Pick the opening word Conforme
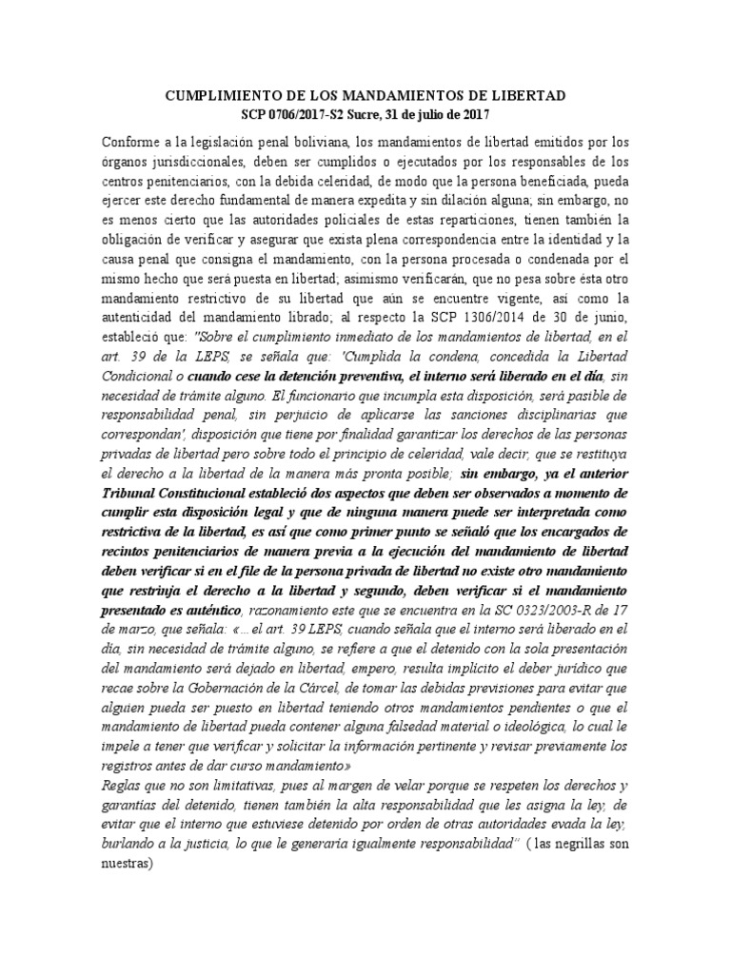point(130,142)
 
